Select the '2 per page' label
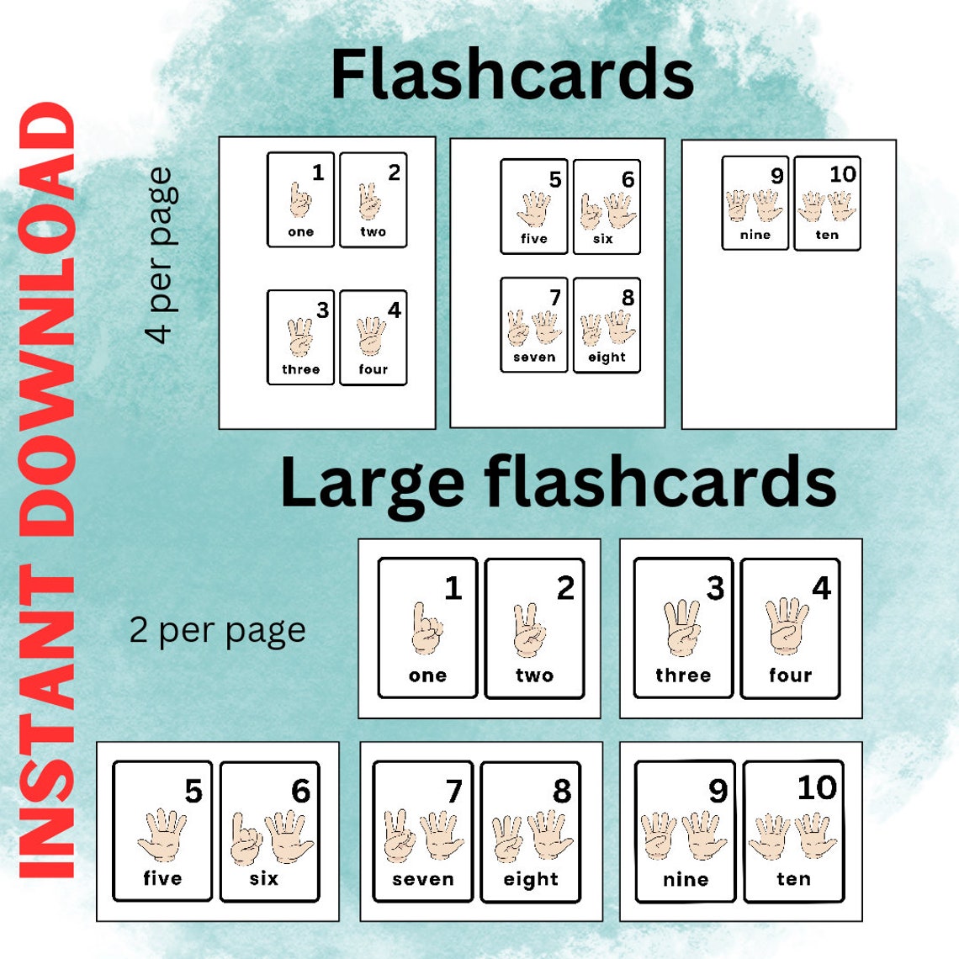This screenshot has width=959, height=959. (x=217, y=630)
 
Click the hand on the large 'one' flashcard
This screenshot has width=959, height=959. (x=427, y=629)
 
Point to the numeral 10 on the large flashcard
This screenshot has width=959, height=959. (x=816, y=787)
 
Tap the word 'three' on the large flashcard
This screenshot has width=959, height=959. (x=682, y=676)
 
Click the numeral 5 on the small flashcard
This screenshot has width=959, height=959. (x=554, y=179)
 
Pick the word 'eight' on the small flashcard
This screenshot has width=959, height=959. (x=607, y=358)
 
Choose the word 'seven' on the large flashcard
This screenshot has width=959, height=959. (x=422, y=879)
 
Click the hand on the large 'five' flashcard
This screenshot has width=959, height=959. (x=162, y=834)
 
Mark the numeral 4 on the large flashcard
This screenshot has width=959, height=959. (x=820, y=588)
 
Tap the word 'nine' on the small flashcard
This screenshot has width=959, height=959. (x=755, y=235)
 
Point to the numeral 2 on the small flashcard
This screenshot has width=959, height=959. (x=394, y=172)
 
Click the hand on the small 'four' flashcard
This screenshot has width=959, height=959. (x=371, y=336)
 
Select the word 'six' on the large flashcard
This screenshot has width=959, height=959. (x=263, y=878)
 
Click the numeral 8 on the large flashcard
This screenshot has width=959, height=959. (x=561, y=791)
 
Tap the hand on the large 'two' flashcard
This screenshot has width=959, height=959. (x=531, y=630)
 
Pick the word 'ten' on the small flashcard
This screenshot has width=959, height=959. (x=827, y=235)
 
